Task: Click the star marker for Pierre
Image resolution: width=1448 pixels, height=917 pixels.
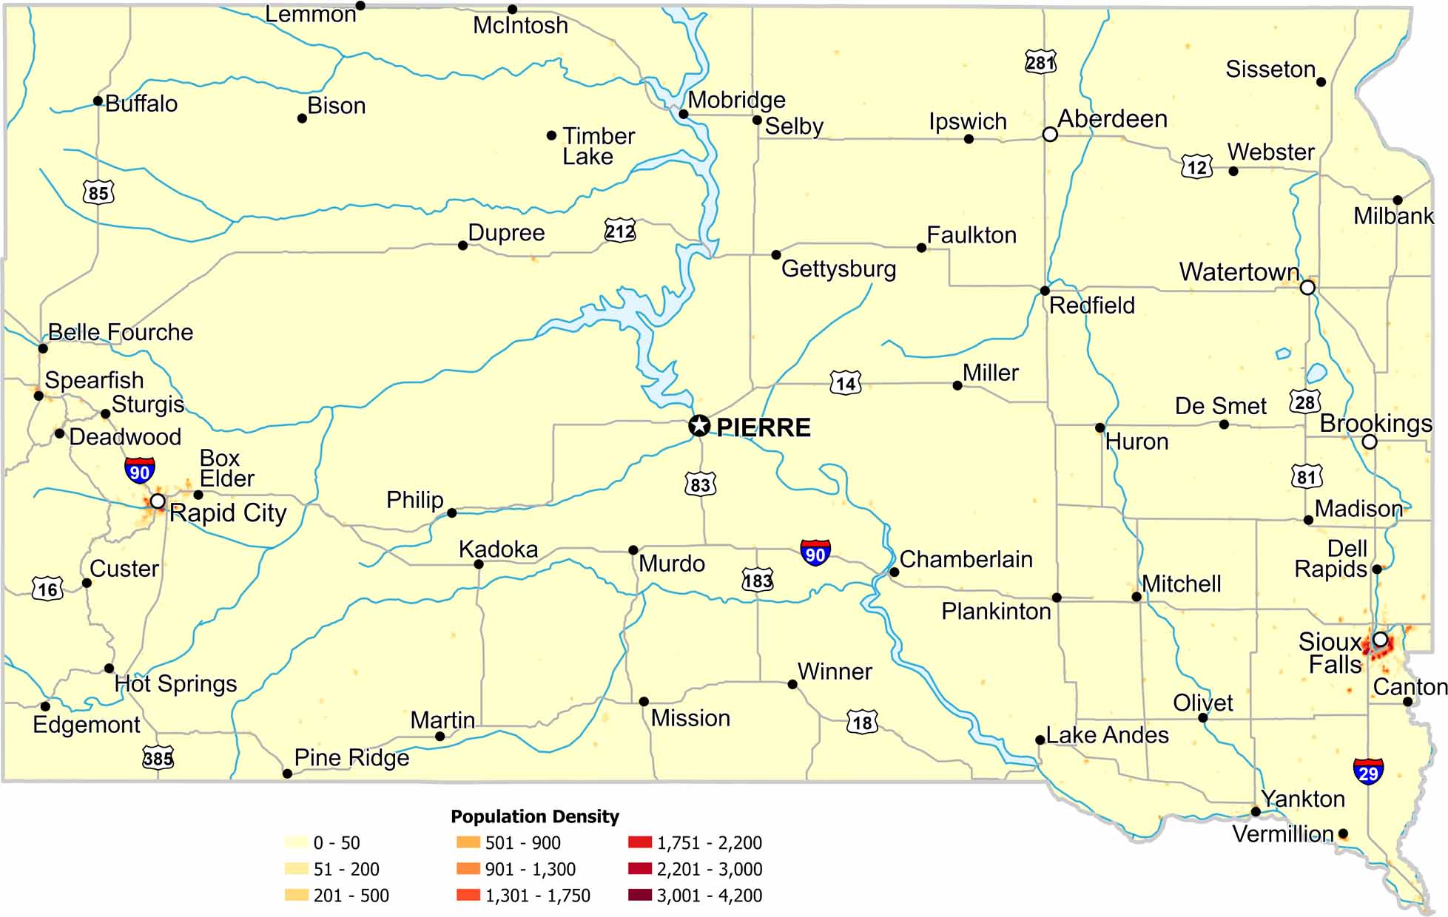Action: pos(698,425)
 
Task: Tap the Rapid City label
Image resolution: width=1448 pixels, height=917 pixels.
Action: pos(228,513)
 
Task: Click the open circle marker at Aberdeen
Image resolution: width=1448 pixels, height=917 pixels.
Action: pos(1049,134)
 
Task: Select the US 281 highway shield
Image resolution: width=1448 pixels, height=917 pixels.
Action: pos(1040,62)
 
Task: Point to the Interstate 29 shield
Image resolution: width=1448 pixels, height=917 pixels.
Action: pos(1367,771)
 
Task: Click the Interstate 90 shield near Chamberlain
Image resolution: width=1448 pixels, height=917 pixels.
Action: pos(815,552)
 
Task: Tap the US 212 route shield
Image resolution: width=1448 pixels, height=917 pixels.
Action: pos(619,231)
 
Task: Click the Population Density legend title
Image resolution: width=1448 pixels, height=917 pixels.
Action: pos(534,816)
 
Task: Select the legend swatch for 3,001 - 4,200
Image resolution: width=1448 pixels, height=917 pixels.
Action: pos(639,896)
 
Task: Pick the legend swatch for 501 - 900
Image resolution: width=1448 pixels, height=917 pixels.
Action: pos(468,842)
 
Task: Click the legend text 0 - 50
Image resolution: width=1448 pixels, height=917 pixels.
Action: pos(336,843)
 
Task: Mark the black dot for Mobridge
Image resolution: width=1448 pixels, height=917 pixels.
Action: pos(683,114)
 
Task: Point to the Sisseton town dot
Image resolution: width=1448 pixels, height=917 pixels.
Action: pos(1321,82)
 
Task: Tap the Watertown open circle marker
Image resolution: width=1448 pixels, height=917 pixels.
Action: pos(1307,287)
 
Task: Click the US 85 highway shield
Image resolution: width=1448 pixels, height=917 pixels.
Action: pos(98,193)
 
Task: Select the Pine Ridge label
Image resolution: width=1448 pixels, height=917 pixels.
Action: pos(351,758)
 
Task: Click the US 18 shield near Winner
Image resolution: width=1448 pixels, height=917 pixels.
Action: pos(862,722)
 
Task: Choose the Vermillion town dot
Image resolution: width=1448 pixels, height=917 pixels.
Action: pos(1343,833)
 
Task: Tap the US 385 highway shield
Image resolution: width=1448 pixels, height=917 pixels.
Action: pos(158,757)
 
